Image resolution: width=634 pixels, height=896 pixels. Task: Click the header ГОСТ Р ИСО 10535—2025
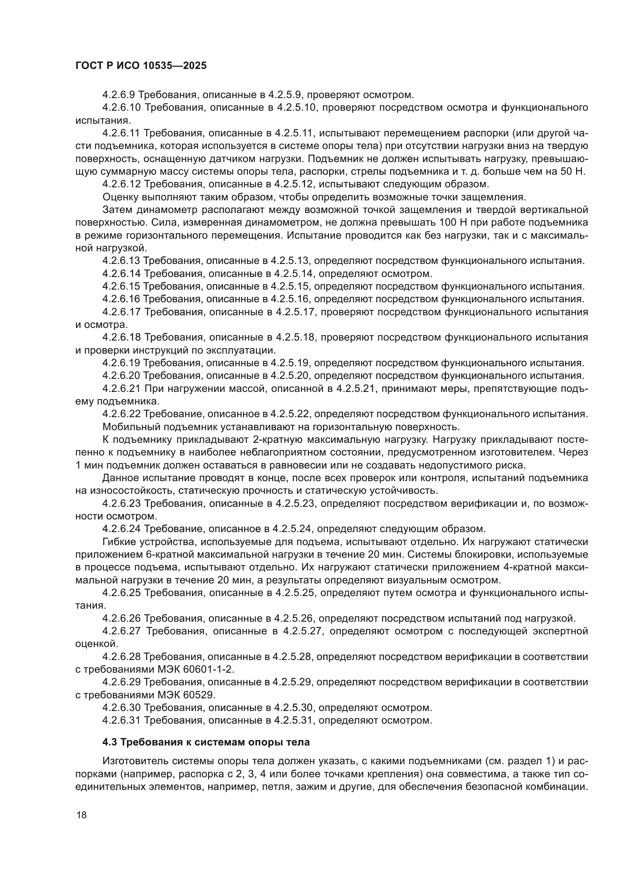pyautogui.click(x=141, y=66)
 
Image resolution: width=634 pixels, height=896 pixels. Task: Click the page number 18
pyautogui.click(x=82, y=815)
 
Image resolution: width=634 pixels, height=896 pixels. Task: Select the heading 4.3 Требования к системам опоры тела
pyautogui.click(x=206, y=742)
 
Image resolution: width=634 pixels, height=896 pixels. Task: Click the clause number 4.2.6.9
pyautogui.click(x=119, y=95)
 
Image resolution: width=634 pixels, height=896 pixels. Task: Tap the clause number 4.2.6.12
pyautogui.click(x=121, y=184)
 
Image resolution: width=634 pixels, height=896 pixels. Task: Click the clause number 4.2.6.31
pyautogui.click(x=122, y=720)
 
